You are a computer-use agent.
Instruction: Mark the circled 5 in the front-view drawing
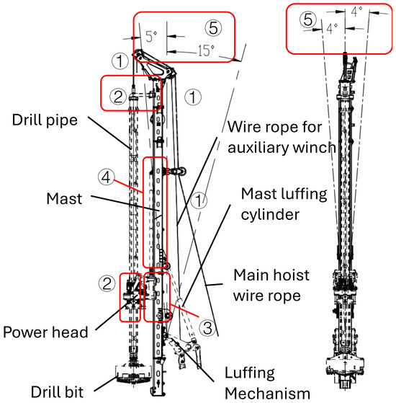click(x=307, y=22)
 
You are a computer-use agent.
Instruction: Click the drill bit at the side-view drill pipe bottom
click(x=131, y=375)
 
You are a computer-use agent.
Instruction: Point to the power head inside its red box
click(x=131, y=297)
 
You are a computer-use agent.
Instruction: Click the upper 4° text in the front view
click(x=357, y=12)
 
